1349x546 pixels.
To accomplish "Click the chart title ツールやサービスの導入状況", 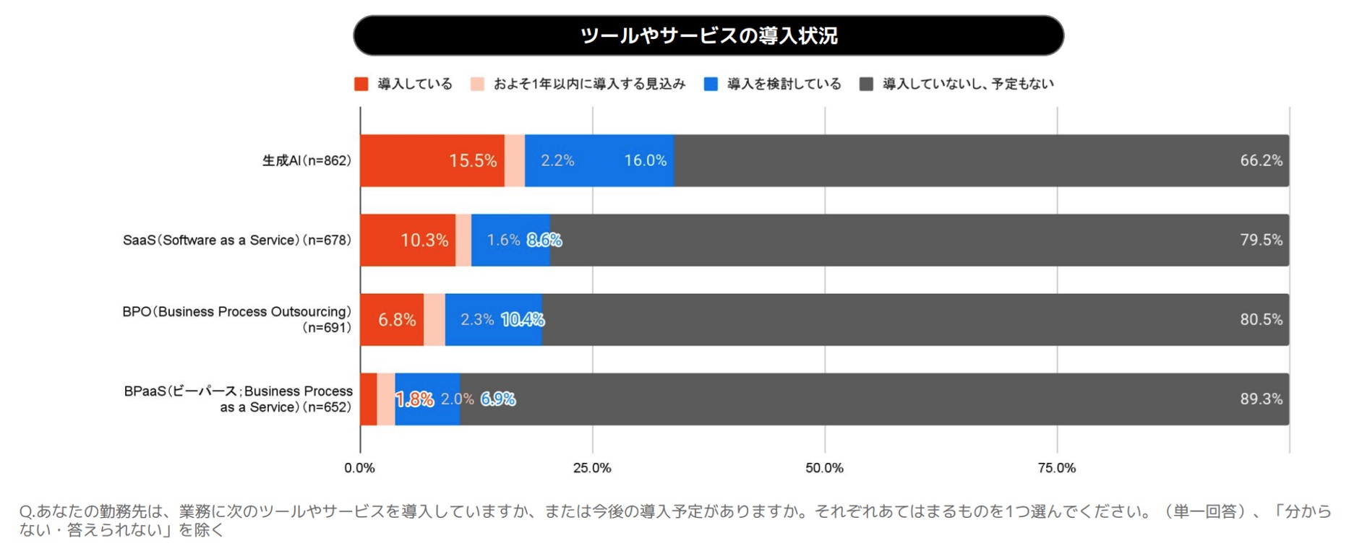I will point(708,35).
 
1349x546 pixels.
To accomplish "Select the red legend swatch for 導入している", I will point(361,84).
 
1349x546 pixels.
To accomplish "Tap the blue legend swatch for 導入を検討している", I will point(711,84).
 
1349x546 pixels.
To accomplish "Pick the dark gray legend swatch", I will point(866,84).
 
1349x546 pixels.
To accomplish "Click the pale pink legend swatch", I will point(477,84).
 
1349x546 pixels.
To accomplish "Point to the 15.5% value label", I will point(473,160).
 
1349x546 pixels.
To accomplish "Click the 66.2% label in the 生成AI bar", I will point(1261,160).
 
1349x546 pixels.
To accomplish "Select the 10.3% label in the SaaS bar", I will point(424,240).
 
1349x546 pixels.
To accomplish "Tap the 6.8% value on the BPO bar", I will point(397,319).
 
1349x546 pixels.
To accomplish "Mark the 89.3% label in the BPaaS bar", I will point(1261,399).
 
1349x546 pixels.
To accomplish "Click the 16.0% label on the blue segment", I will point(645,160).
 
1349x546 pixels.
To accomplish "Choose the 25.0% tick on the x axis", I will point(592,468).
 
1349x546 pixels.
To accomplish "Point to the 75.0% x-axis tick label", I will point(1056,468).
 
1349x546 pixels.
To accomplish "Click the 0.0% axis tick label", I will point(359,468).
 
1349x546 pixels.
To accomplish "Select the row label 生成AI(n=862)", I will point(307,160).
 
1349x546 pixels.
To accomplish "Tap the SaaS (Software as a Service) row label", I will point(236,240).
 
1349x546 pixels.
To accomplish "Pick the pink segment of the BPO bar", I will point(434,319).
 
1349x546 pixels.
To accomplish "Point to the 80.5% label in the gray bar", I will point(1261,319).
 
